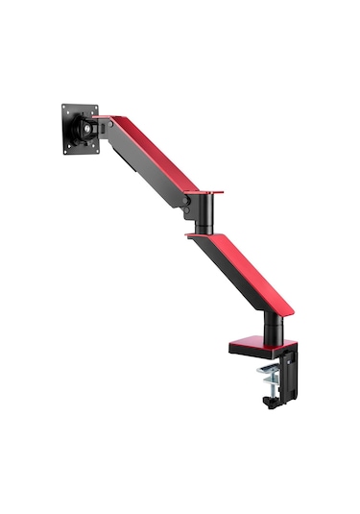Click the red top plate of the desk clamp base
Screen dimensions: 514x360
tap(254, 341)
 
